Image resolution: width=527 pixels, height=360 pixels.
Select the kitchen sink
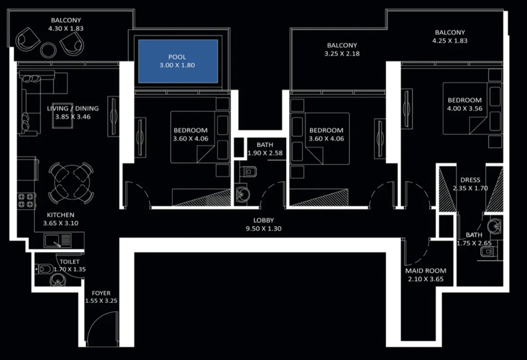coord(57,241)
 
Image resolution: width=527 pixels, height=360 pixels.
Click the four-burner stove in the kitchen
coord(26,200)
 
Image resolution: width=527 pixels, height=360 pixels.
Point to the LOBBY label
coord(263,220)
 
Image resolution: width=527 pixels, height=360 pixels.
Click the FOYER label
coord(101,293)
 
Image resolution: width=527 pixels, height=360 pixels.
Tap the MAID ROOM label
coord(426,271)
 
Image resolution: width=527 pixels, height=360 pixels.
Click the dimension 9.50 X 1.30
coord(263,228)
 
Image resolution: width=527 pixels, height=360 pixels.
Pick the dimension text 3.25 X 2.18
coord(342,54)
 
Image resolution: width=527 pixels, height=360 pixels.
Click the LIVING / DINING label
coord(73,108)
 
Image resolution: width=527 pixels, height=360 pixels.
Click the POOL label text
coord(177,57)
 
